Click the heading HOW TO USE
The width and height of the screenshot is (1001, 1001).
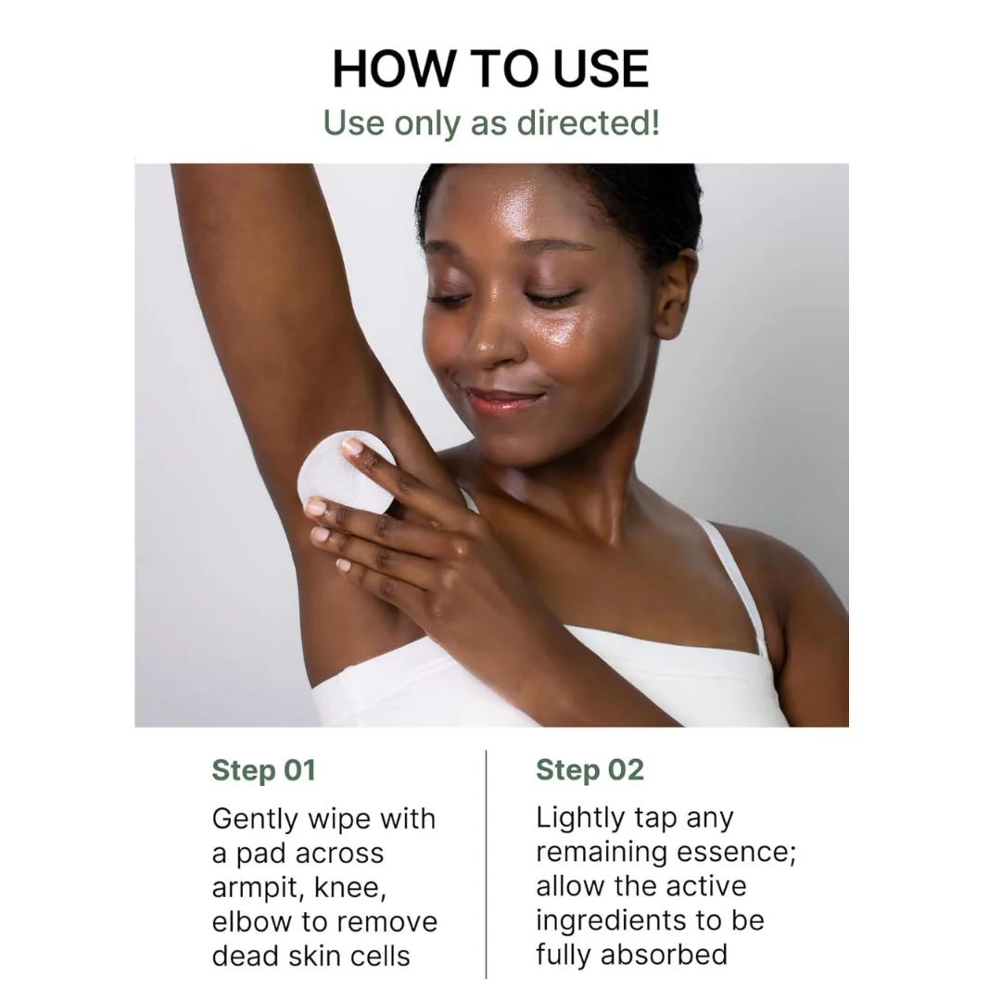490,69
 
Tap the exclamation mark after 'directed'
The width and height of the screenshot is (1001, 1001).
654,122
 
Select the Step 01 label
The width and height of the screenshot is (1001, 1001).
263,770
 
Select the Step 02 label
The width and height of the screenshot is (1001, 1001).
589,770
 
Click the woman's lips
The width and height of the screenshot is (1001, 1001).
501,399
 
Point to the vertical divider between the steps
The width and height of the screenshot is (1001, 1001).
486,862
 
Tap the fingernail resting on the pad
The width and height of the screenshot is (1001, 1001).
353,447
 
